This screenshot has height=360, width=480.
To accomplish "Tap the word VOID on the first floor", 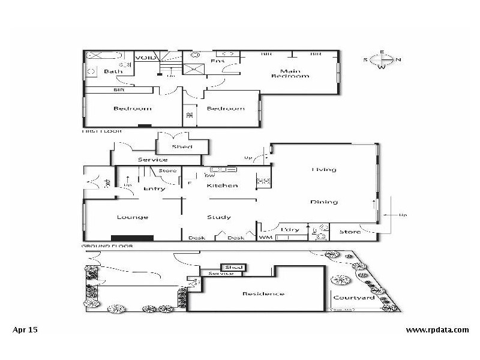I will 145,58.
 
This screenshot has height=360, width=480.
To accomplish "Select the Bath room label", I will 113,71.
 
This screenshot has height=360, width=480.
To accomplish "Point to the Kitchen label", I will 222,185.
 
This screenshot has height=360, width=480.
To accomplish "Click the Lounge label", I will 132,217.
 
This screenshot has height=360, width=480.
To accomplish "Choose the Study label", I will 218,217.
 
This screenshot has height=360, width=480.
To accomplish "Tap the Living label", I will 323,170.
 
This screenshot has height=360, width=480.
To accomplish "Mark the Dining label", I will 324,202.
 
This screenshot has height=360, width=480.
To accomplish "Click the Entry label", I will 154,188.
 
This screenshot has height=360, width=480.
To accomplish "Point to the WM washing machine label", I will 265,238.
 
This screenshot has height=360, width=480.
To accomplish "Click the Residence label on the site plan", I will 263,293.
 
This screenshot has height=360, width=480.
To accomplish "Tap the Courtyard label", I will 353,298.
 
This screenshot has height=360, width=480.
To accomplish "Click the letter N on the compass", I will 398,59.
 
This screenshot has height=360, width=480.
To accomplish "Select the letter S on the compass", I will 366,59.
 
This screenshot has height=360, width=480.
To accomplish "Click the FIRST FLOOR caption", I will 101,130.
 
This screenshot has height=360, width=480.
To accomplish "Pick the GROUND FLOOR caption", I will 106,246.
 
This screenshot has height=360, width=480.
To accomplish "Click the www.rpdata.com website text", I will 437,329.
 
